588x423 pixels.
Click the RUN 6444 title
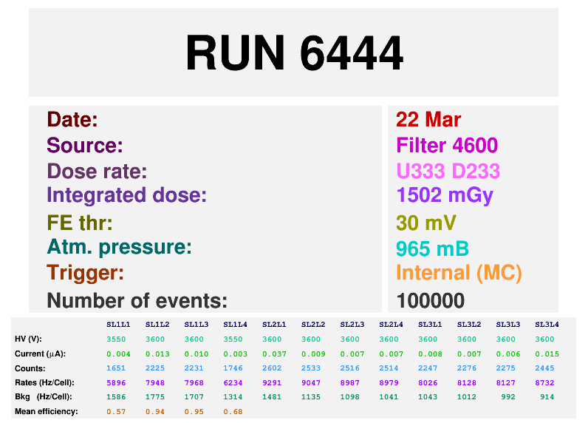[x=294, y=53]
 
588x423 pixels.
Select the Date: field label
[x=72, y=120]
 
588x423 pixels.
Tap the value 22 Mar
[x=428, y=120]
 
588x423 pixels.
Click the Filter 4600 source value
[x=447, y=146]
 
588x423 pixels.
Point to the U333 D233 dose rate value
[x=448, y=172]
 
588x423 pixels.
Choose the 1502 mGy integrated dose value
[x=444, y=195]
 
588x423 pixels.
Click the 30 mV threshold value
[x=426, y=223]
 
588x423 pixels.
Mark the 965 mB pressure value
[x=432, y=248]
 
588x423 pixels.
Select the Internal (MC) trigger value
[x=459, y=273]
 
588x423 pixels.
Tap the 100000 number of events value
[x=431, y=300]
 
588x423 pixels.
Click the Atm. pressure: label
[x=119, y=247]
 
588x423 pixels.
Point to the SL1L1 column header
[x=118, y=324]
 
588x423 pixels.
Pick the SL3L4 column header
[x=547, y=324]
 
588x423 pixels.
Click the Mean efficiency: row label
[x=47, y=411]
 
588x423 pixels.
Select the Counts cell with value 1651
[x=118, y=368]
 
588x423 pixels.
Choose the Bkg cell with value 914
[x=548, y=397]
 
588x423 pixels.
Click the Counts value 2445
[x=547, y=368]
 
